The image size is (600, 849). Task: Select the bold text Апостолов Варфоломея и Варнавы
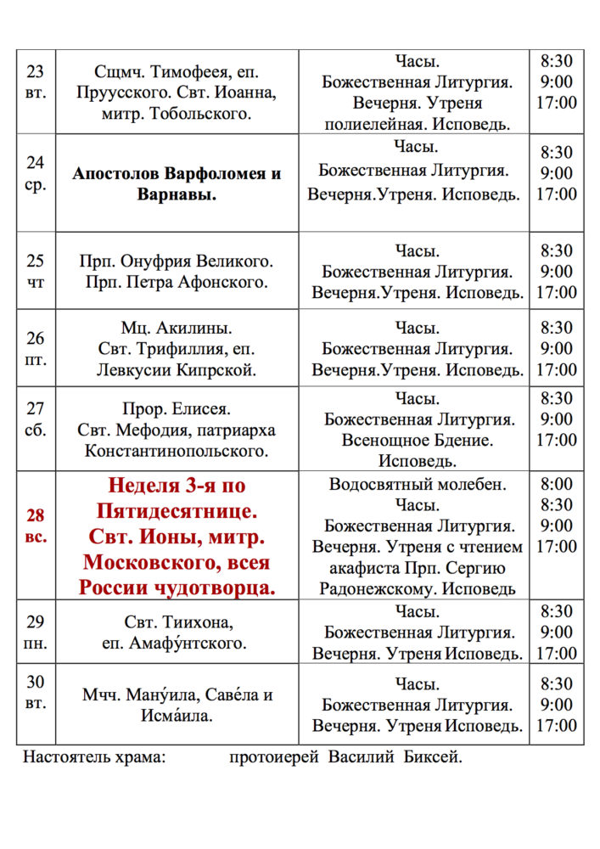coord(177,183)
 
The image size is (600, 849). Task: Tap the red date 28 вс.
coord(36,526)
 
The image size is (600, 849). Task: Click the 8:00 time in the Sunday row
coord(556,485)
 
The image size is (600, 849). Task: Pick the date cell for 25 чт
coord(36,271)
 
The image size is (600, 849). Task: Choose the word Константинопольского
coord(177,451)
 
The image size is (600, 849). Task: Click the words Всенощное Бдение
coord(418,440)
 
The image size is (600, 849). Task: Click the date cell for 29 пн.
coord(36,633)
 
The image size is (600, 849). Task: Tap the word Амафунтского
coord(188,643)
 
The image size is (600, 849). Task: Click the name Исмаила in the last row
coord(175,715)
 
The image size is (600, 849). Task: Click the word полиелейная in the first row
coord(373,124)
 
